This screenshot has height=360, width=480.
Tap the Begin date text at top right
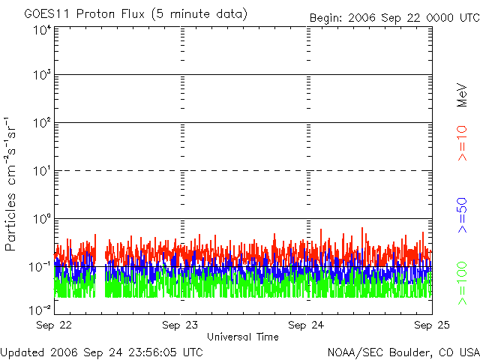coord(394,18)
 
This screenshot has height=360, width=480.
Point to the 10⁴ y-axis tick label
coord(43,31)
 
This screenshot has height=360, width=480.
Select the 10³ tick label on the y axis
coord(43,75)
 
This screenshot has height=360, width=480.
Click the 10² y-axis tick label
coord(43,123)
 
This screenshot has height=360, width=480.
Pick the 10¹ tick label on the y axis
coord(43,171)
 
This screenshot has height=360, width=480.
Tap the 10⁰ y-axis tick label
coord(43,219)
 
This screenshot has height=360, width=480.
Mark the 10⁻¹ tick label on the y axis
coord(40,267)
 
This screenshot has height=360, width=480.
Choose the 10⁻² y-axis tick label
coord(40,310)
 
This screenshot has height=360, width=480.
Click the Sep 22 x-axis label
coord(54,325)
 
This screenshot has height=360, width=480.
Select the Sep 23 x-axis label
coord(180,325)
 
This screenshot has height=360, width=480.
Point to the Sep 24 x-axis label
coord(306,325)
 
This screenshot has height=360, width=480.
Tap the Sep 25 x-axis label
coord(432,325)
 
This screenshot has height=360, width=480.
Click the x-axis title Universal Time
coord(243,337)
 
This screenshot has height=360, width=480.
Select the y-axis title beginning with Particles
coord(10,184)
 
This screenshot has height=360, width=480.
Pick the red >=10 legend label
coord(462,143)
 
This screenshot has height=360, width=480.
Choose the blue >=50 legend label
coord(462,215)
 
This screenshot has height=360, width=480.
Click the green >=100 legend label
coord(462,283)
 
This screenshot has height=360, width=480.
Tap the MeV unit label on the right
coord(462,95)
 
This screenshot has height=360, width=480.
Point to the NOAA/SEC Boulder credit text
coord(403,352)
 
